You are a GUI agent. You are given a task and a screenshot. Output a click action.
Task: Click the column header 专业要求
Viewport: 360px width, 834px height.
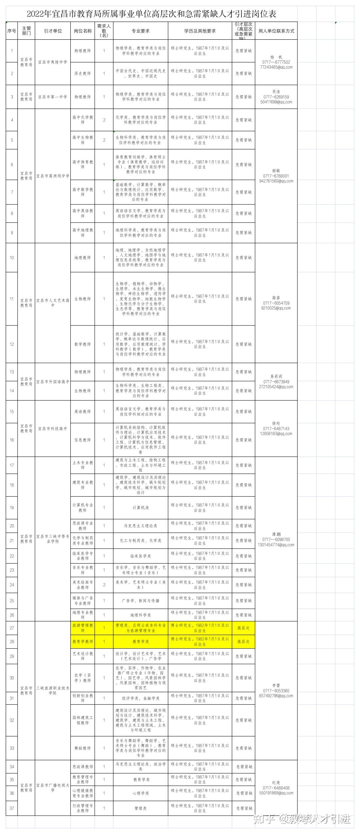tap(140, 31)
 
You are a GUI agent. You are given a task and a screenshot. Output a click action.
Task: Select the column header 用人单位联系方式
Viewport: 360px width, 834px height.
tap(276, 31)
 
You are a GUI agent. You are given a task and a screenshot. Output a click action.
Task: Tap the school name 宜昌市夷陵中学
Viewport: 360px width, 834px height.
tap(53, 62)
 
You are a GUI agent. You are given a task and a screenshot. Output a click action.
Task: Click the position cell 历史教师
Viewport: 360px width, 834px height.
tap(82, 73)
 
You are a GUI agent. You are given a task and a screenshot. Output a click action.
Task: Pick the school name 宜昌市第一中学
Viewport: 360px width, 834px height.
tap(53, 97)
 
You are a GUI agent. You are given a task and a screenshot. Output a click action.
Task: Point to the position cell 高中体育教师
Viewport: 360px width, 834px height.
tap(82, 164)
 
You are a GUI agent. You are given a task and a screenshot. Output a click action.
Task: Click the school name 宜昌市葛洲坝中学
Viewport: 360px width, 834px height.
tap(53, 176)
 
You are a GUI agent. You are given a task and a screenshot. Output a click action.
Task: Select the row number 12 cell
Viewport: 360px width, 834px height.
tap(12, 344)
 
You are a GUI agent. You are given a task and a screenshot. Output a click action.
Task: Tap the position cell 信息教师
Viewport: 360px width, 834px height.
tap(82, 440)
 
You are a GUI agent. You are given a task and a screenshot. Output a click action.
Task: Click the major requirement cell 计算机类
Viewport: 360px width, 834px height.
tap(140, 508)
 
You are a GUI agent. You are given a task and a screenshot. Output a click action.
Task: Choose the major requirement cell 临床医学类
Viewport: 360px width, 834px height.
tap(140, 556)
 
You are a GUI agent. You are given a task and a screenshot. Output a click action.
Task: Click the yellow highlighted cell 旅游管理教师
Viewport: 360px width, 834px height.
tap(82, 628)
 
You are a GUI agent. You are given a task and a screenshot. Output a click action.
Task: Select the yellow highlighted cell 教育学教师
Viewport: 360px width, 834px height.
tap(82, 642)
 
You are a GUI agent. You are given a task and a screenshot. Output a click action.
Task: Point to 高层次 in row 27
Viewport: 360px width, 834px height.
tap(243, 628)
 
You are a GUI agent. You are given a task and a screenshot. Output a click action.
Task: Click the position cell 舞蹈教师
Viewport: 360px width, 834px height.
tap(82, 748)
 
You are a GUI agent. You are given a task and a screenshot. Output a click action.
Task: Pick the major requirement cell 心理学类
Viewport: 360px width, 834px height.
tap(140, 793)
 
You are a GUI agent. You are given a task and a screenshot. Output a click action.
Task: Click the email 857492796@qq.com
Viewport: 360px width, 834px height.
tap(276, 696)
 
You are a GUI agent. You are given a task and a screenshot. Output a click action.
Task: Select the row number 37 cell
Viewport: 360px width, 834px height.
tap(12, 808)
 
